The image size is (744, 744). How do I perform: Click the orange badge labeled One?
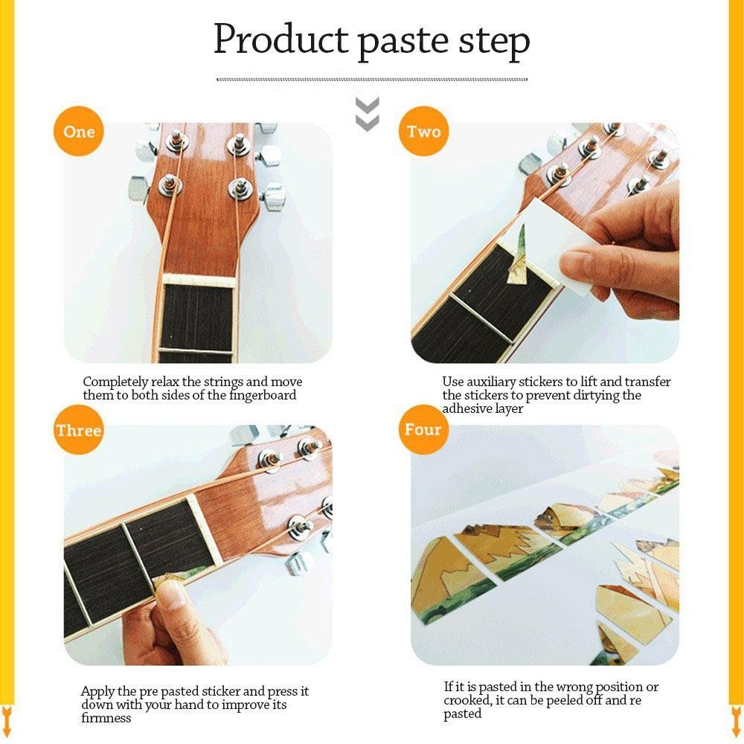click(x=79, y=132)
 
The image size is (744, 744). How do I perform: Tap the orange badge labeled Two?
click(x=423, y=132)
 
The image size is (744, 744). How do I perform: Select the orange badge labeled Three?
click(x=78, y=431)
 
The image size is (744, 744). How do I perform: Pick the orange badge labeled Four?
click(x=423, y=430)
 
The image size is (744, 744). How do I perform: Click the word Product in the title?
click(x=280, y=40)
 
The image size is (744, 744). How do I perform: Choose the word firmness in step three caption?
click(x=106, y=718)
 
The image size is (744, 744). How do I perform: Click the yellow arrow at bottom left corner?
click(x=7, y=715)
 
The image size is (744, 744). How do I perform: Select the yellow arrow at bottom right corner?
click(x=737, y=715)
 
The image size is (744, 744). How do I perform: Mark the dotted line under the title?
click(x=372, y=79)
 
